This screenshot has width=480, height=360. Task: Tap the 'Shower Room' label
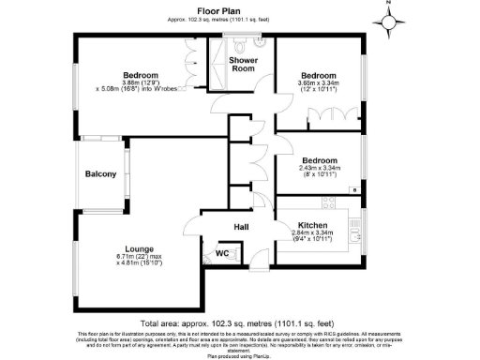[244, 65]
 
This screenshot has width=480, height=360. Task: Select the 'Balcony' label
[100, 174]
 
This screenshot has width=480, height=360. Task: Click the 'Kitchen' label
[311, 225]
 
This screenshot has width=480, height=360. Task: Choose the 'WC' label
[223, 254]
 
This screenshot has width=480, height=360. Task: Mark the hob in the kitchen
[330, 202]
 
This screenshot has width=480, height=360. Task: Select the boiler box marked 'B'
[354, 190]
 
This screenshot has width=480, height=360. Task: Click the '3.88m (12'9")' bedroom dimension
[140, 82]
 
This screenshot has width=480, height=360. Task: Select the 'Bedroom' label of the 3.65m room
[319, 74]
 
